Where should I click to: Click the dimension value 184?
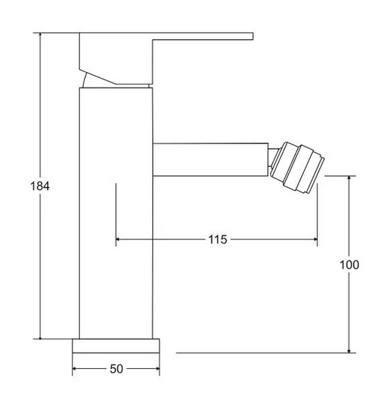click(x=40, y=186)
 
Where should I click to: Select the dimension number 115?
click(x=218, y=240)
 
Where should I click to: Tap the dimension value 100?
click(x=349, y=265)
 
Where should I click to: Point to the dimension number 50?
click(x=116, y=369)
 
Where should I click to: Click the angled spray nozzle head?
click(x=297, y=167)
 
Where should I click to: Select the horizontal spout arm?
click(x=211, y=159)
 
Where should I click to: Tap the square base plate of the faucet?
click(x=116, y=346)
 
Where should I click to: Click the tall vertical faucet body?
click(x=116, y=213)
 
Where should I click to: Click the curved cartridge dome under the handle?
click(x=86, y=81)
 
